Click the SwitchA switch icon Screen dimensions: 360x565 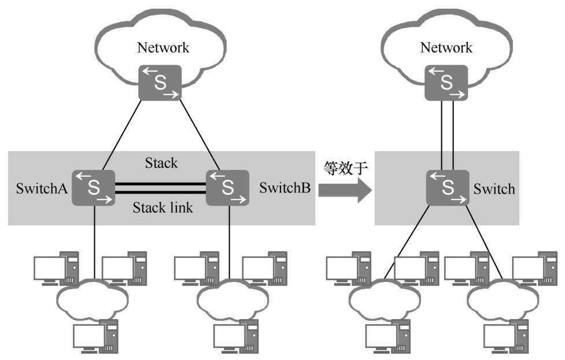pos(93,187)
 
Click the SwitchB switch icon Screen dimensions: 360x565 pos(228,187)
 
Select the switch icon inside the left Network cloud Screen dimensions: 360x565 pos(160,81)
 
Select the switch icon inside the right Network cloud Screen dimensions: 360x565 pos(446,81)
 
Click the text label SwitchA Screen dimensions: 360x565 pos(40,188)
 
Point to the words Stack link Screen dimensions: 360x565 pos(163,207)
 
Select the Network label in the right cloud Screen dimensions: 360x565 pos(446,47)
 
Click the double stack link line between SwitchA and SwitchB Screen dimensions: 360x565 pos(161,187)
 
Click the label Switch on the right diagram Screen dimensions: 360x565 pos(494,189)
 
